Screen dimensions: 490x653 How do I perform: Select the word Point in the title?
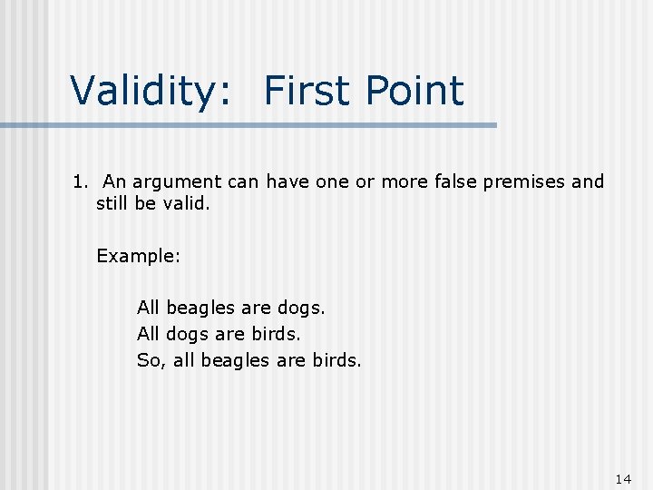point(414,91)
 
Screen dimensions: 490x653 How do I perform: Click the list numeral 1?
point(79,181)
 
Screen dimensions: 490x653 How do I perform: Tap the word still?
point(112,204)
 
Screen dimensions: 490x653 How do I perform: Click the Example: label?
point(139,256)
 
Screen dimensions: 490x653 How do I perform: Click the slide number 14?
point(622,478)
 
